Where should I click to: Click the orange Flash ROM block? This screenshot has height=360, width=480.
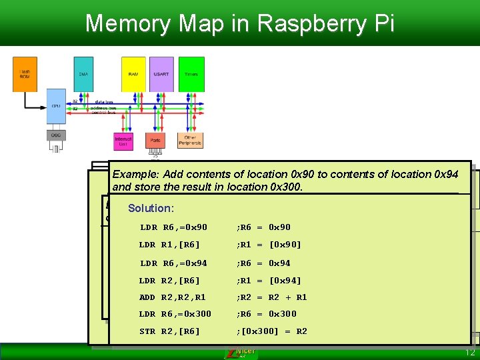point(25,73)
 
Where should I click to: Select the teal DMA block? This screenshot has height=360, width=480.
point(83,73)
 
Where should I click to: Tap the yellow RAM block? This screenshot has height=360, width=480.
point(133,73)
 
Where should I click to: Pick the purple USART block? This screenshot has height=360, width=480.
point(161,73)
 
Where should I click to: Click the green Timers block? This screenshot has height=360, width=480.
point(191,73)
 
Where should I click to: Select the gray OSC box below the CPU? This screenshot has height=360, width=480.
point(57,135)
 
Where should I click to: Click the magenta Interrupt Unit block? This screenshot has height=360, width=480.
point(123,141)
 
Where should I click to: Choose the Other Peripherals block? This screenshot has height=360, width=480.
point(190,141)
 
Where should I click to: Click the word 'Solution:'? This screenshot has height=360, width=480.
point(150,208)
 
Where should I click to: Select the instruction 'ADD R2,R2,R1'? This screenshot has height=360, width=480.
point(173,297)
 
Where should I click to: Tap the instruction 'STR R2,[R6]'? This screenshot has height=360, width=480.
point(169,331)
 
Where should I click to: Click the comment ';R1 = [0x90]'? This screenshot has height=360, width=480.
point(269,245)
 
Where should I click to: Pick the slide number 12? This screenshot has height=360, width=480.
point(469,352)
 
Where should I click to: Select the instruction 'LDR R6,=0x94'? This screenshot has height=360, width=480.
point(173,263)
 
